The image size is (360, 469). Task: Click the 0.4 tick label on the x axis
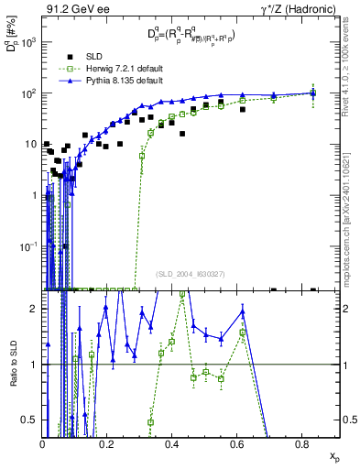pos(173,444)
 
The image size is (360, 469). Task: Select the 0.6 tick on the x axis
pos(238,444)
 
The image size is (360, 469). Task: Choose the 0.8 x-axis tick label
pos(303,444)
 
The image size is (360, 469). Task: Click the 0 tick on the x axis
pos(43,444)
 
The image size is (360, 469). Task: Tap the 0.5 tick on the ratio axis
pos(32,420)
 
